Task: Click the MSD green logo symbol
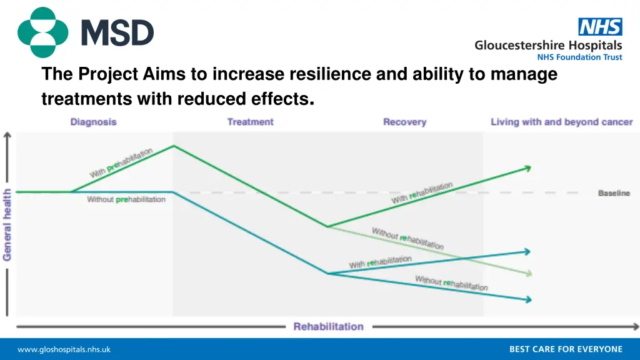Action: pos(42,32)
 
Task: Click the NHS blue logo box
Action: pos(600,27)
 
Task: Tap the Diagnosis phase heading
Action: pos(93,122)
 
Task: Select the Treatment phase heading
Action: pos(250,122)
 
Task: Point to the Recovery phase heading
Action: pos(404,122)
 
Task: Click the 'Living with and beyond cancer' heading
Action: pos(561,122)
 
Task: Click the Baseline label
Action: pos(614,193)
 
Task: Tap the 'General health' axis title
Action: pos(7,224)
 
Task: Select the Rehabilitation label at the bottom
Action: pos(328,326)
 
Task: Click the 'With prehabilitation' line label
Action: pos(121,162)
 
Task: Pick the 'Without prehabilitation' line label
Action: pos(126,199)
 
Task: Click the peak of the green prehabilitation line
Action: pos(174,146)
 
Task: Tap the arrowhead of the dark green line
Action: pos(528,167)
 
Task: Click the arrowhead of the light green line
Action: pos(529,273)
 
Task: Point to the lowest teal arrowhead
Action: pos(528,300)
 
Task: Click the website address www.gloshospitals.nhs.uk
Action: pos(64,349)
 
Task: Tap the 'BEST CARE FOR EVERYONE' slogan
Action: pos(566,349)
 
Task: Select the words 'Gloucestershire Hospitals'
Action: pos(548,45)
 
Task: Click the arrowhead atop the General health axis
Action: pos(7,136)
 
